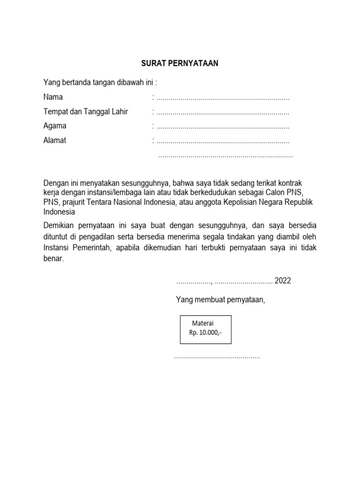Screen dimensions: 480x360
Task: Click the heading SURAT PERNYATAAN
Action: [x=180, y=63]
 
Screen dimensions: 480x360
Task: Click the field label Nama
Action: [x=53, y=97]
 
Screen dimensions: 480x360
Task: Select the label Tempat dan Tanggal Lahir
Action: [x=85, y=112]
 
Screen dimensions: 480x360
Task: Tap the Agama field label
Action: [x=55, y=126]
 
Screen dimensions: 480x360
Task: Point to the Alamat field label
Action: [x=55, y=140]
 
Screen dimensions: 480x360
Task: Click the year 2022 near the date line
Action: [x=283, y=281]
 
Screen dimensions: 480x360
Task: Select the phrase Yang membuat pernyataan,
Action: [x=220, y=300]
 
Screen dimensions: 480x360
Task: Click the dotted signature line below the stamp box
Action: [x=217, y=358]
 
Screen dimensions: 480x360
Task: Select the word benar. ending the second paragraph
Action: [x=53, y=258]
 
